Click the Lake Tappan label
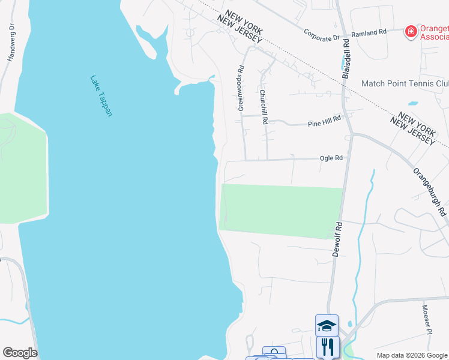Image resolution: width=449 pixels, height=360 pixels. [101, 95]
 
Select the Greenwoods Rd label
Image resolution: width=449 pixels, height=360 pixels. [241, 88]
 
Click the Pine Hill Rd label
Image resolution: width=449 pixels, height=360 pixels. [324, 122]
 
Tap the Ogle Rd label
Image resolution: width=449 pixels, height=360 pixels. [331, 158]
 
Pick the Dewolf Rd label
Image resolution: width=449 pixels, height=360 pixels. [337, 240]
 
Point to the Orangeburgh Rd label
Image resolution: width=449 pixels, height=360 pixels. [430, 191]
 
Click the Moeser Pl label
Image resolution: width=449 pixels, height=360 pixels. [426, 319]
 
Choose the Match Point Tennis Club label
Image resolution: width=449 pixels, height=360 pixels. [405, 83]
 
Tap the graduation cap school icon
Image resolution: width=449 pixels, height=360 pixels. [327, 326]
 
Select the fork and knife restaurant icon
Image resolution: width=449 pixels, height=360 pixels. [328, 347]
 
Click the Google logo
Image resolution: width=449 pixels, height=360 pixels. [20, 353]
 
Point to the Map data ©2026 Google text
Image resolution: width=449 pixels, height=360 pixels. [412, 355]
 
